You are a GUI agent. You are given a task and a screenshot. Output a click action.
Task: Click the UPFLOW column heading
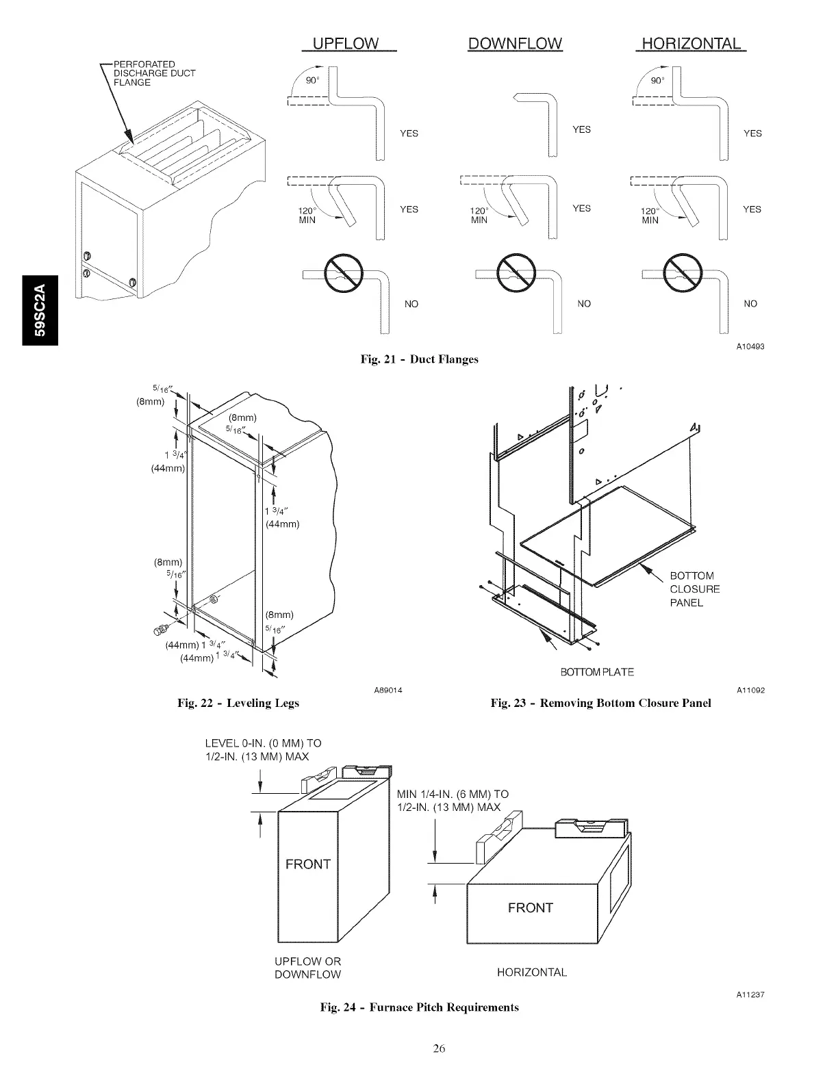(x=345, y=44)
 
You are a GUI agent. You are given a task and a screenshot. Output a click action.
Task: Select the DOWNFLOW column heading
(x=515, y=44)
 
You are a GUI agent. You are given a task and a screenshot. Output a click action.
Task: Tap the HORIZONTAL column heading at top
(x=689, y=44)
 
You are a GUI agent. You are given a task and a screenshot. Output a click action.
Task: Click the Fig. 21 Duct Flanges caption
(x=419, y=359)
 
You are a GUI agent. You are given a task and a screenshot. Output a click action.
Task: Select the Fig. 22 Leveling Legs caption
(x=238, y=703)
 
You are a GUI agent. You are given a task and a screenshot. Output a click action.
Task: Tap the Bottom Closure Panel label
(x=694, y=589)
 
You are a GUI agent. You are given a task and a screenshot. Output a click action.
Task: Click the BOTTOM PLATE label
(x=597, y=672)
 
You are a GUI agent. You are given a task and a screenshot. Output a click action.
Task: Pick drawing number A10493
(x=750, y=346)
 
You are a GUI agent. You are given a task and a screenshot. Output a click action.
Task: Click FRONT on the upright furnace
(x=307, y=864)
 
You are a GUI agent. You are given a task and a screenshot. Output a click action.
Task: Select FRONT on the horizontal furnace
(x=530, y=908)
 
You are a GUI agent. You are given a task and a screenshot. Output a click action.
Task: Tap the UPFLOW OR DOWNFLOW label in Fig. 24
(x=307, y=968)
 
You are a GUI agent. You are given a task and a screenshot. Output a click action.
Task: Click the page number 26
(x=439, y=1048)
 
